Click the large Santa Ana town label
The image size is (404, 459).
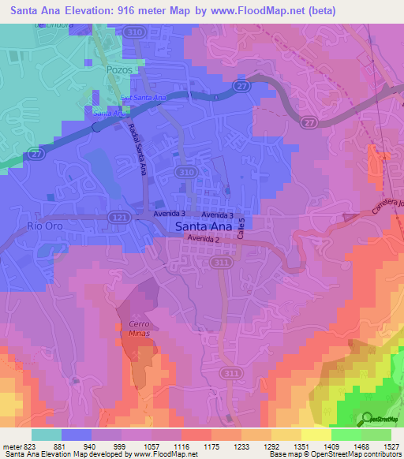pos(203,226)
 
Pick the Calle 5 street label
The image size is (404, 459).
pos(242,229)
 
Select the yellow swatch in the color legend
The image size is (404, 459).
pos(316,435)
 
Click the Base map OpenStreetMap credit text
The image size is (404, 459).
pos(347,454)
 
